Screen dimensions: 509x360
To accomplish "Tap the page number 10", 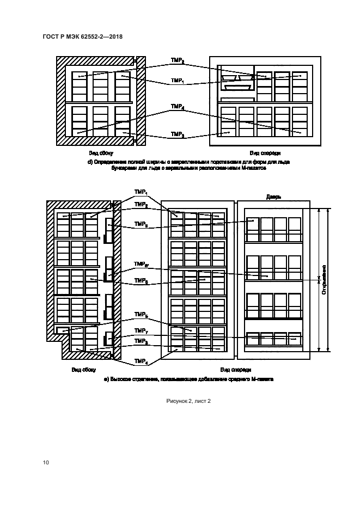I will (x=46, y=463).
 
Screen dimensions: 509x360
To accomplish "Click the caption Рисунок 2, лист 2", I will (x=188, y=401).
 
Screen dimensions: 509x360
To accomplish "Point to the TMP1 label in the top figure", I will (x=177, y=81).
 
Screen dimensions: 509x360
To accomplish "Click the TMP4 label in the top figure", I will (x=177, y=107).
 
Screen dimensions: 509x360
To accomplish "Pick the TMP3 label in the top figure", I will (x=177, y=134).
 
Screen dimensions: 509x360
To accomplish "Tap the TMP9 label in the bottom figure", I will (x=141, y=224).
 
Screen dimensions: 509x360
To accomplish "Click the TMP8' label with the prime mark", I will (x=141, y=264).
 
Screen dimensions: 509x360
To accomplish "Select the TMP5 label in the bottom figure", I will (x=141, y=315).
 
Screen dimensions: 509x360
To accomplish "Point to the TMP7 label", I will (x=141, y=331).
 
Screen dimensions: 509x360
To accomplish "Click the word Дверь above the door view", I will (x=273, y=197).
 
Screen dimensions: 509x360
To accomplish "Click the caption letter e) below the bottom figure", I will (x=106, y=378).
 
